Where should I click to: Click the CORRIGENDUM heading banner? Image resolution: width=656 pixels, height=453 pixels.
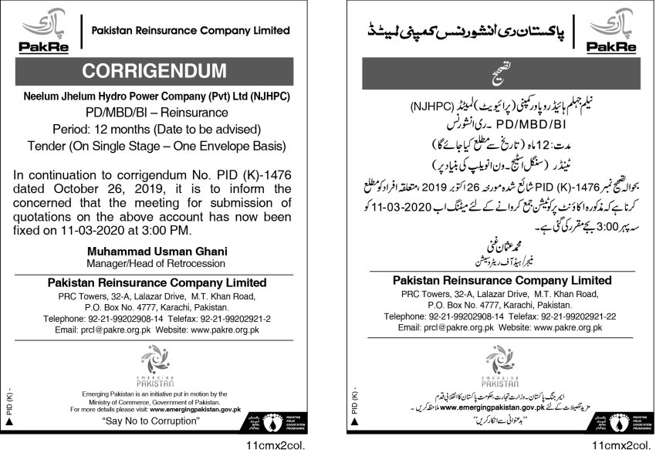pos(165,71)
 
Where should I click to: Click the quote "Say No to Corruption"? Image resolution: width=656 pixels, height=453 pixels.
pos(151,422)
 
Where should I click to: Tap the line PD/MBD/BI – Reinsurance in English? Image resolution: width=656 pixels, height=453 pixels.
pos(165,112)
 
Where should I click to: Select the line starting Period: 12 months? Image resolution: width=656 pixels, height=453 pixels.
pos(165,128)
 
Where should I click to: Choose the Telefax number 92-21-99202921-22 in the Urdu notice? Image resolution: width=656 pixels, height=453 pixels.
pos(564,316)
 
